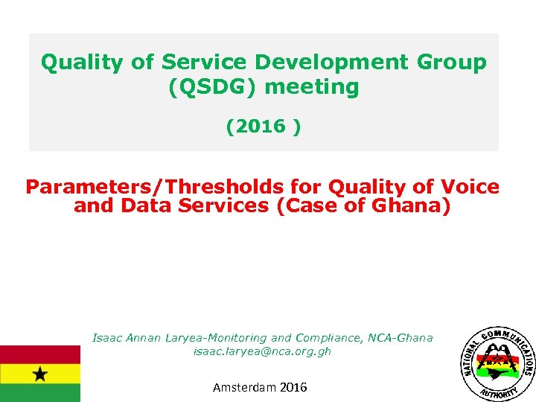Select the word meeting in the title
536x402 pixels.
(x=311, y=87)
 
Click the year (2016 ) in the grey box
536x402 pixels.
(x=264, y=126)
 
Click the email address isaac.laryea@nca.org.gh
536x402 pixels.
(x=262, y=351)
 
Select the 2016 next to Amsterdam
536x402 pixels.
(x=293, y=387)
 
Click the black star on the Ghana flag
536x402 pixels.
(x=39, y=373)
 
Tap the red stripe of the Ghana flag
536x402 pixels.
(x=39, y=354)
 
